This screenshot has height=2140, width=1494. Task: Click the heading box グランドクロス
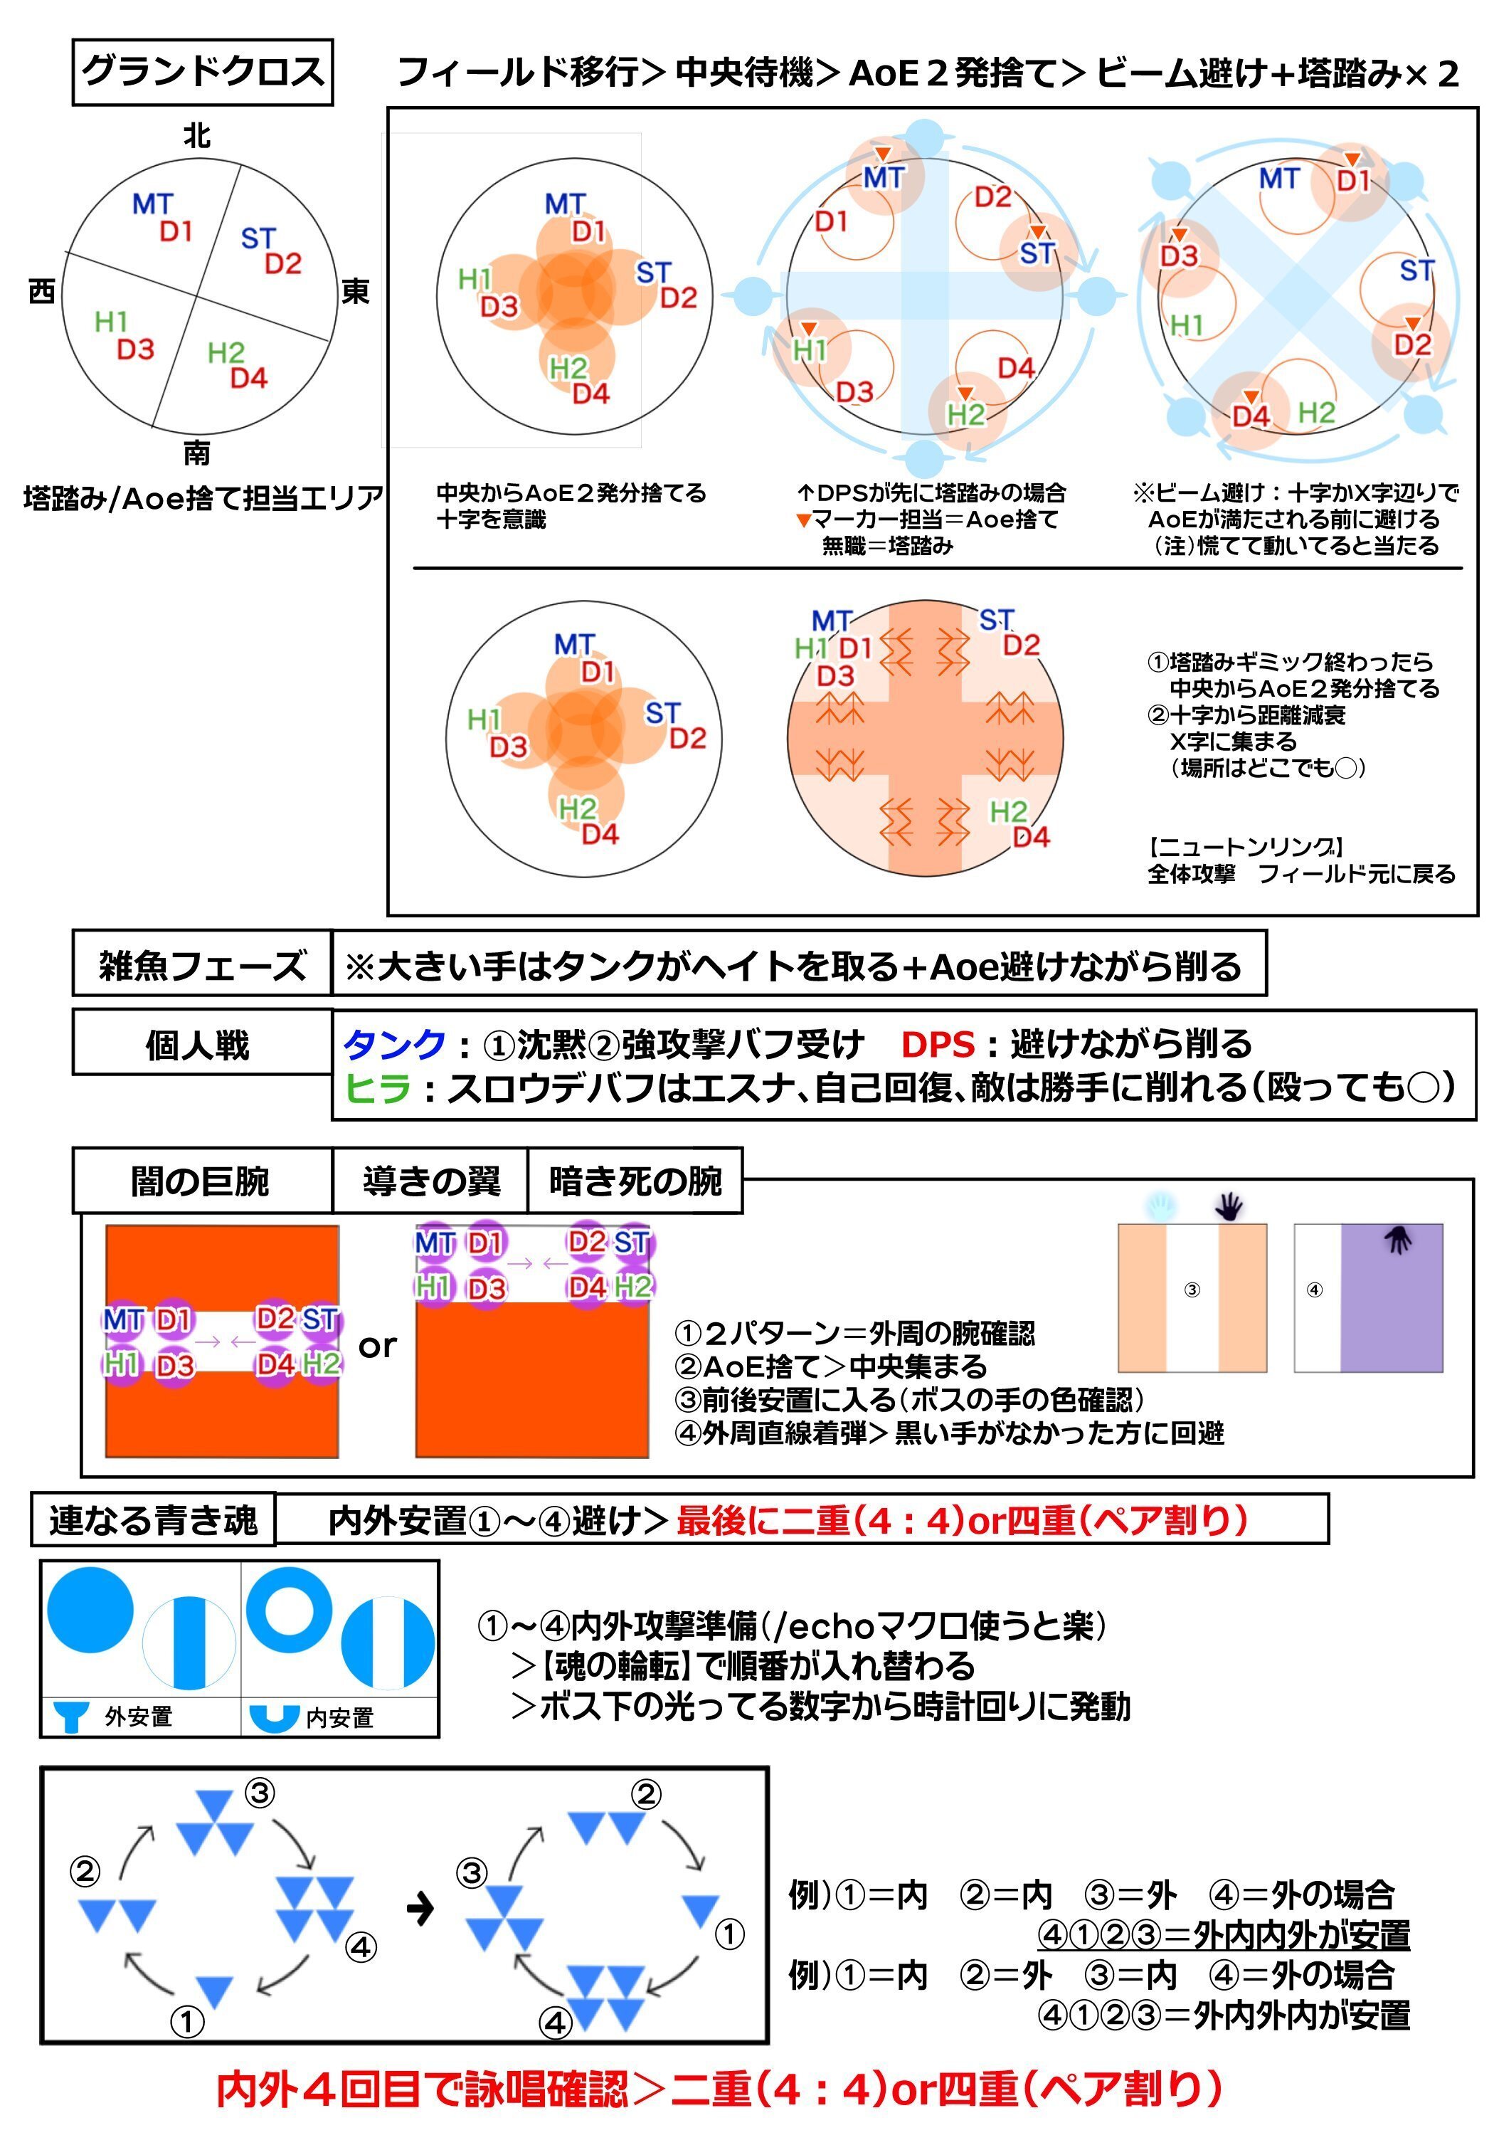[202, 72]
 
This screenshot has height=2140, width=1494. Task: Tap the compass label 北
[196, 136]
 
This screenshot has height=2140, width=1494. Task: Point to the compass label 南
[196, 453]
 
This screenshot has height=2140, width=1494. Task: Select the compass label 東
[355, 292]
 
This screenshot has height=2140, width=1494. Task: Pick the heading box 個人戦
[198, 1045]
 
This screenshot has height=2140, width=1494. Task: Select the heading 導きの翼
[430, 1181]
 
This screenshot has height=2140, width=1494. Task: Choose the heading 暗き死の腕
[635, 1181]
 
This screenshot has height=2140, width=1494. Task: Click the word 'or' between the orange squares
[378, 1345]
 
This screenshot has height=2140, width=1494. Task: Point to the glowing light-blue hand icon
[1160, 1207]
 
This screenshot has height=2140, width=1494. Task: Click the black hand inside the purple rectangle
[1398, 1239]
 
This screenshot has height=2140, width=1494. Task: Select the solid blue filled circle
[90, 1611]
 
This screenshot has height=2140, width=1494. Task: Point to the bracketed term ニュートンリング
[1245, 847]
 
